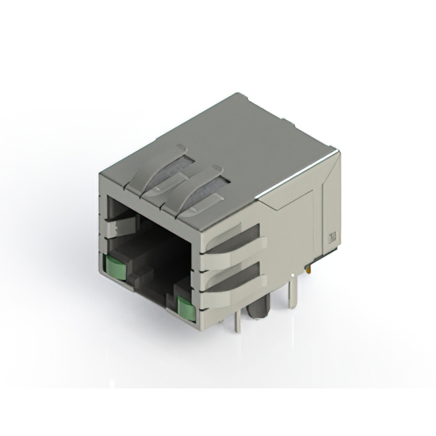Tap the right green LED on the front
[183, 307]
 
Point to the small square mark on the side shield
[333, 238]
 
